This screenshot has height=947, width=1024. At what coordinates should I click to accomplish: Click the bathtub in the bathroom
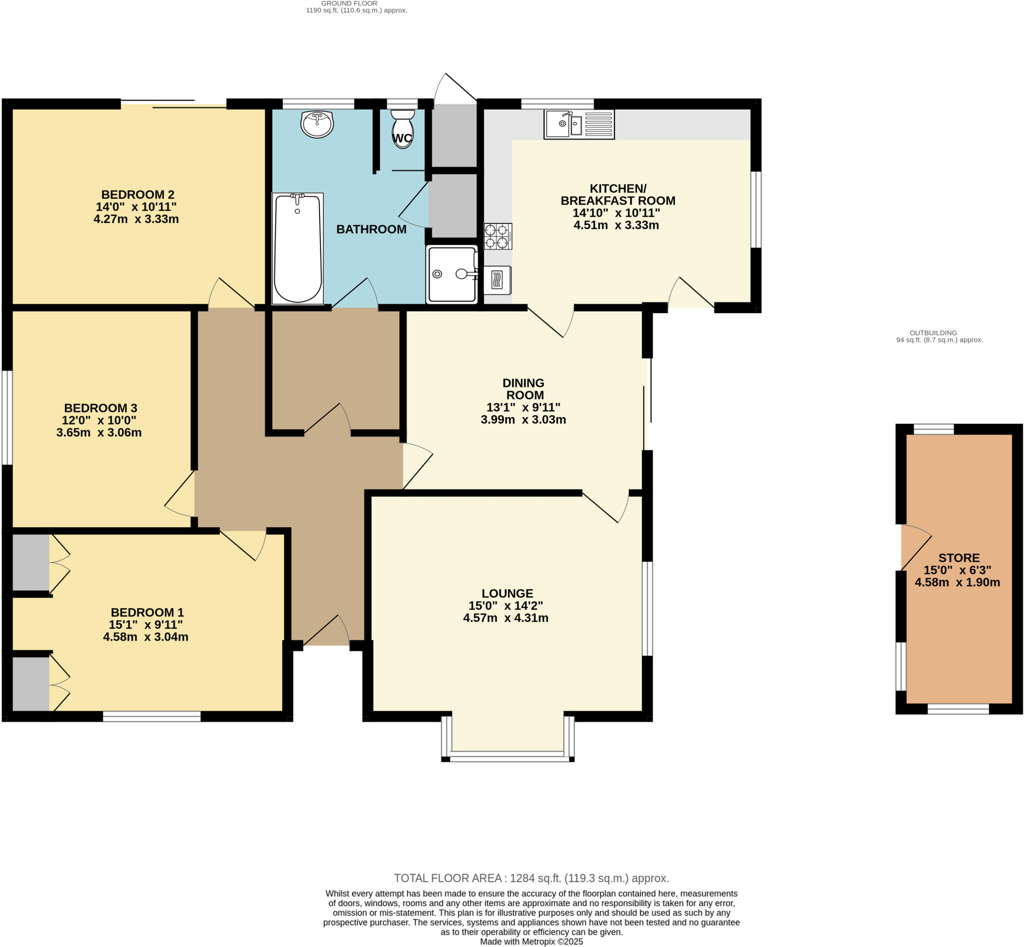pos(298,248)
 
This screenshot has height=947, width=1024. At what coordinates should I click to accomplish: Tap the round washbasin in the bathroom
pos(317,124)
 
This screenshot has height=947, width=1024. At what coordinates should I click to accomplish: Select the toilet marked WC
pos(403,128)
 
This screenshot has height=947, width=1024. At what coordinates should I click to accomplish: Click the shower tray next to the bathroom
pos(451,274)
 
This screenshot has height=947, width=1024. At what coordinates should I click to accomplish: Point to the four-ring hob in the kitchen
pos(497,236)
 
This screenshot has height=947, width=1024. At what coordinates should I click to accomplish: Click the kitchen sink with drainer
pos(578,124)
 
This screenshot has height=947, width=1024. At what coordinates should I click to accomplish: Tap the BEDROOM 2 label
pos(138,194)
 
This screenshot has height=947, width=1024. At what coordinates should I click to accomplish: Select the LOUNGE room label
pos(507,593)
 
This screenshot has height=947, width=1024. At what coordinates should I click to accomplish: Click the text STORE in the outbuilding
pos(959,558)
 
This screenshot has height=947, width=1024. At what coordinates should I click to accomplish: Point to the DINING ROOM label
pos(524,389)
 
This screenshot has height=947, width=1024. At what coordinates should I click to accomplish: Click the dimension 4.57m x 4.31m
pos(506,618)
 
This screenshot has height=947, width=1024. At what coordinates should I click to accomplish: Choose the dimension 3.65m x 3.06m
pos(99,432)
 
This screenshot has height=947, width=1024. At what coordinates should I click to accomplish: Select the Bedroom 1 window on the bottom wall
pos(151,716)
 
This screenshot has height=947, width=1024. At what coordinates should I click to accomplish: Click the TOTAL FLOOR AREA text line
pos(531,878)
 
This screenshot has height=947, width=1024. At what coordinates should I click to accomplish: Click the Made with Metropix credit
pos(531,942)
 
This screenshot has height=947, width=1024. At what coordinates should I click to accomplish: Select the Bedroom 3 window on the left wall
pos(6,417)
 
